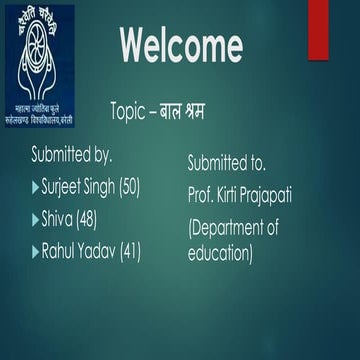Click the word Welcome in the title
coord(181,45)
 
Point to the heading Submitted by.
coord(71,155)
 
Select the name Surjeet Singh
coord(78,187)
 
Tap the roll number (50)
coord(130,187)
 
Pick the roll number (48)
coord(87,219)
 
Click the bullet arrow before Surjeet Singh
coord(36,187)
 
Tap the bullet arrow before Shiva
coord(36,219)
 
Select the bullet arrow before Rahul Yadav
coord(36,251)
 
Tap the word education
coord(220,253)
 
